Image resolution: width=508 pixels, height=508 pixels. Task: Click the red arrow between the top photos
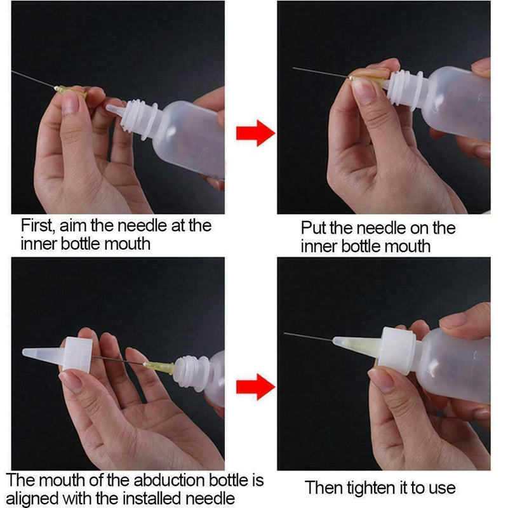pyautogui.click(x=256, y=133)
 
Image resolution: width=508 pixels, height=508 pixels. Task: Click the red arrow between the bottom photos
pyautogui.click(x=256, y=387)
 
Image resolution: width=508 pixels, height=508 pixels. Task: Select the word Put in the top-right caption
pyautogui.click(x=313, y=228)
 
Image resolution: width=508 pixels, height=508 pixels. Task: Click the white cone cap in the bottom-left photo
pyautogui.click(x=58, y=354)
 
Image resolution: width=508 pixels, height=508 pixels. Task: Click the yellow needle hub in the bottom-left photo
pyautogui.click(x=159, y=367)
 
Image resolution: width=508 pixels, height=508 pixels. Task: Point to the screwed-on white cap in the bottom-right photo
pyautogui.click(x=398, y=351)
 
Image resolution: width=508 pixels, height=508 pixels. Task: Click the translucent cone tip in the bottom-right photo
pyautogui.click(x=356, y=346)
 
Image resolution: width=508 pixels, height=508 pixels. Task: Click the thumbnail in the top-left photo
pyautogui.click(x=69, y=102)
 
